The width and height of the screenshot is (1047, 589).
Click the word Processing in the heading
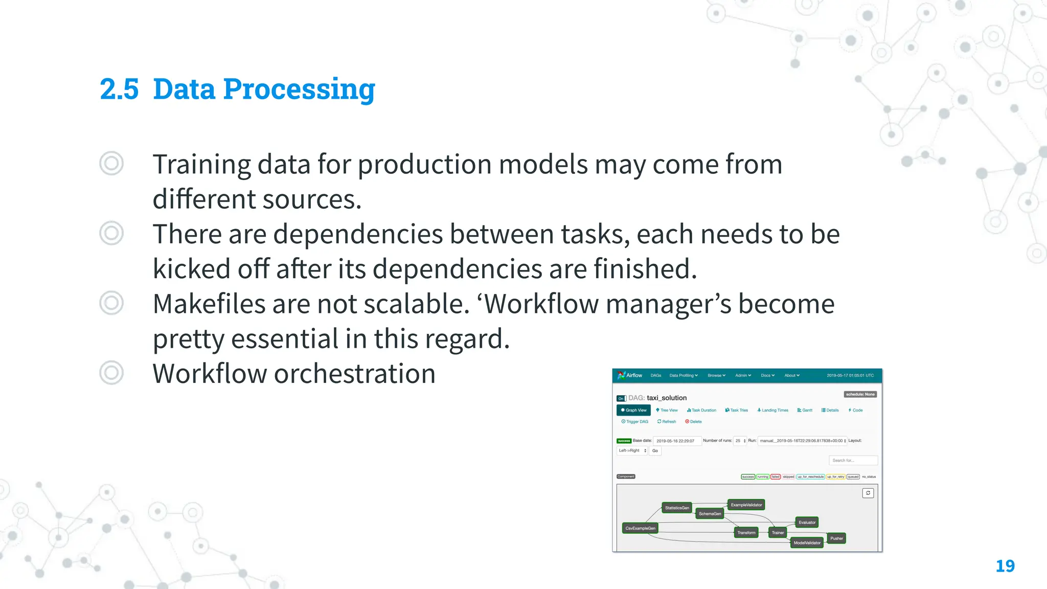(x=299, y=89)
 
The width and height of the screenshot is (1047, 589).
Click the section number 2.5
(x=119, y=89)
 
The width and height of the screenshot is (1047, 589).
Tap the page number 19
(x=1005, y=566)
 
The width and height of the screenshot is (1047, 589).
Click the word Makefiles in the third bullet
(x=209, y=304)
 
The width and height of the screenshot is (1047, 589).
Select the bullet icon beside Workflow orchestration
(x=111, y=373)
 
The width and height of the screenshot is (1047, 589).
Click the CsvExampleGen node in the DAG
(x=640, y=528)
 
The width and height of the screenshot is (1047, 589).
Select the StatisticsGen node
(x=677, y=508)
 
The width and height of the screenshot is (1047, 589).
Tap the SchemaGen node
(x=710, y=513)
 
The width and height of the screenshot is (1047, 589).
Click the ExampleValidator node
(x=746, y=505)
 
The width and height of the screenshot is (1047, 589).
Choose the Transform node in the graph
(x=746, y=532)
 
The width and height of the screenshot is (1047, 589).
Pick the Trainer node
(x=778, y=532)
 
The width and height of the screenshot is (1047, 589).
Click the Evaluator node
(x=807, y=522)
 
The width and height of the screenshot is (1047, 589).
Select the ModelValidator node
(x=807, y=542)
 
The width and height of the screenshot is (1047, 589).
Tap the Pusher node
(x=836, y=538)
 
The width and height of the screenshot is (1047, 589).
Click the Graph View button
(x=633, y=410)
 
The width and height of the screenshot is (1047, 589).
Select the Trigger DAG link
(x=634, y=422)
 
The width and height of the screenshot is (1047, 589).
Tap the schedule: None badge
(x=860, y=394)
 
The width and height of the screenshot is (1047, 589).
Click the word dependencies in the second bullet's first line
(x=358, y=234)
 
